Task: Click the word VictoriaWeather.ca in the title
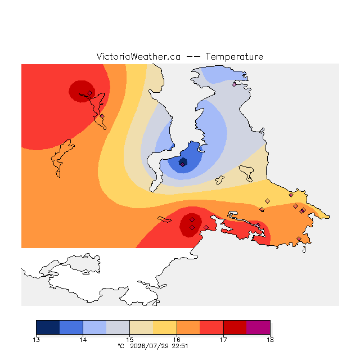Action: pos(138,56)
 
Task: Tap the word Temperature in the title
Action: pos(234,56)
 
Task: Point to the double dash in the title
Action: pos(193,57)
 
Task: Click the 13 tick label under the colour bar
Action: pos(36,340)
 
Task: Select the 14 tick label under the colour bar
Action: pos(83,340)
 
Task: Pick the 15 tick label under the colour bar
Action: pos(130,340)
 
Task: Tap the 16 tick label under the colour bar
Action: pos(177,340)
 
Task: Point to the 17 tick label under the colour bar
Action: pos(223,340)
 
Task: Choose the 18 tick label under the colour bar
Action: pos(270,340)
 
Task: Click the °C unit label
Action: pos(121,346)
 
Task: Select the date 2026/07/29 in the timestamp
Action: pos(150,346)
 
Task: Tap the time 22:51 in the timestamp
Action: pos(180,346)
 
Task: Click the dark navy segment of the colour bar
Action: pos(48,327)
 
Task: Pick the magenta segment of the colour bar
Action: pos(258,327)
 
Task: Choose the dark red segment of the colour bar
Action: pos(235,327)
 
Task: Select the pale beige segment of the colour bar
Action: pos(141,327)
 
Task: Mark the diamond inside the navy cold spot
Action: pos(182,164)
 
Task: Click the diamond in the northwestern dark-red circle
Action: pos(90,93)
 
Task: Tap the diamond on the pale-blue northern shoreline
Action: pos(234,84)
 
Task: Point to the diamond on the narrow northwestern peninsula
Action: pos(102,116)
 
